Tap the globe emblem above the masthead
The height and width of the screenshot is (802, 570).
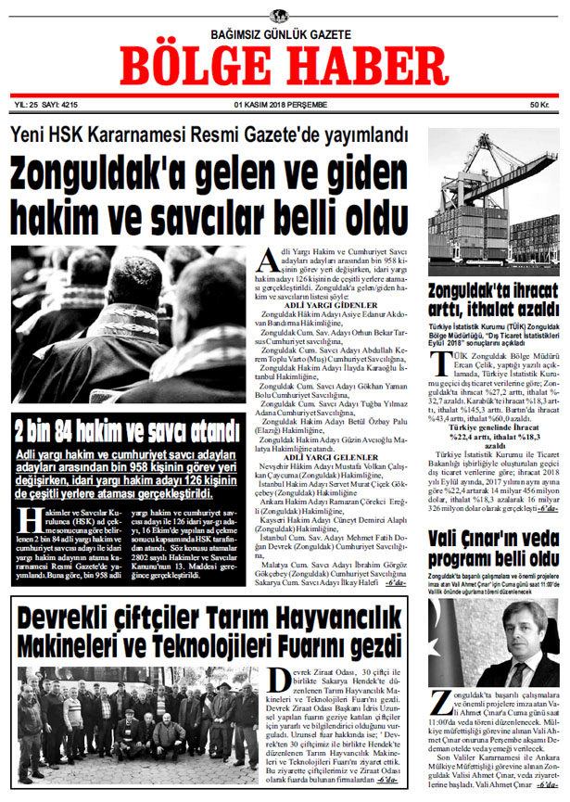[x=279, y=16]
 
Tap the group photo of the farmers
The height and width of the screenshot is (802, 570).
[x=138, y=723]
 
